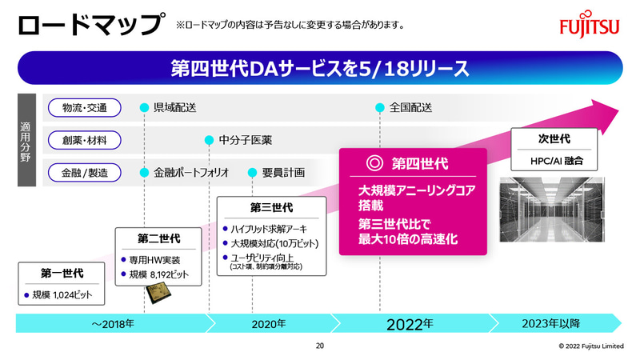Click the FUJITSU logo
589,26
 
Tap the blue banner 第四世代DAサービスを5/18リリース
320,68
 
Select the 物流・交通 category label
84,108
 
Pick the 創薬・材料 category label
84,140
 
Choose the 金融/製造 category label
84,172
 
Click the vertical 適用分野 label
26,140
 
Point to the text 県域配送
174,108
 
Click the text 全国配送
410,108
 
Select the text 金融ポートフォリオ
191,172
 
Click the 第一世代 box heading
62,274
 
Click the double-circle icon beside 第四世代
373,163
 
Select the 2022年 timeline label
409,324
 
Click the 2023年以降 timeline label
558,324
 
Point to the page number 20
320,346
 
